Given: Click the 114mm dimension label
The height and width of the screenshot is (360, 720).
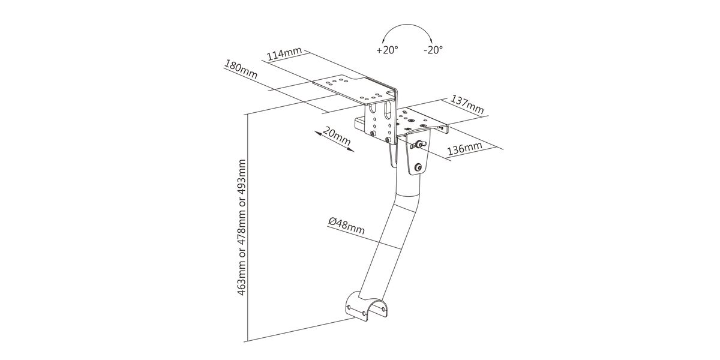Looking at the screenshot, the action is [284, 53].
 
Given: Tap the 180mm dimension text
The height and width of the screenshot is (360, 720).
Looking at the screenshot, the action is [241, 69].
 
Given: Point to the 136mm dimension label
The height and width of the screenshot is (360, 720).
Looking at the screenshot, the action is [465, 148].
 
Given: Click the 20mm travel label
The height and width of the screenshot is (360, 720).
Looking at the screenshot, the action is [336, 136].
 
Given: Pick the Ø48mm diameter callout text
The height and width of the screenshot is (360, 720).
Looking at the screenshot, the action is [347, 226].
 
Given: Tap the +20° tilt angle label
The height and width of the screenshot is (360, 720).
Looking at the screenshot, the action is [388, 50].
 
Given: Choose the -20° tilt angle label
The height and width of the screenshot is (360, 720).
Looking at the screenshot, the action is [433, 50].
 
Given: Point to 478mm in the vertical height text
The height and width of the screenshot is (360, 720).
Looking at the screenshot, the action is [241, 227].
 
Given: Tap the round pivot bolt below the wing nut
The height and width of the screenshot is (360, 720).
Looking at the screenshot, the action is [418, 167].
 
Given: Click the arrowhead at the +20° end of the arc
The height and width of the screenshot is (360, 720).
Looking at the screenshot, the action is [383, 41].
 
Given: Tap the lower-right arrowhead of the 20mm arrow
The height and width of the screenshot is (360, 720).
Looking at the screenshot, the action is [351, 150].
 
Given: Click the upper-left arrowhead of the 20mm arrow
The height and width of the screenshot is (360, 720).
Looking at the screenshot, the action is [317, 133].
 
